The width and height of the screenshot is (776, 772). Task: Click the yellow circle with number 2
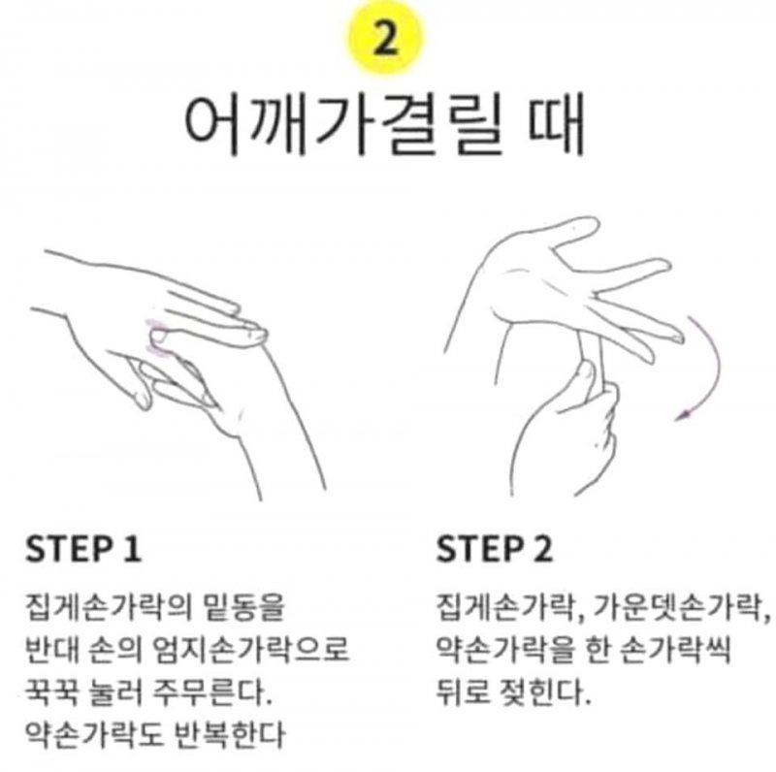386,38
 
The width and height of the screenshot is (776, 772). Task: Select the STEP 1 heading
83,549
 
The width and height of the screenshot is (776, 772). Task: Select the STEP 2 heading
494,549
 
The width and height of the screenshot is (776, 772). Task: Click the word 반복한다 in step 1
231,734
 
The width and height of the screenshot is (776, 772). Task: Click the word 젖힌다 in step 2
541,692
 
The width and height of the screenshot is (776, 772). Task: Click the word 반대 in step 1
51,649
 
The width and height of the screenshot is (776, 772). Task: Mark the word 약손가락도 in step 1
94,734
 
